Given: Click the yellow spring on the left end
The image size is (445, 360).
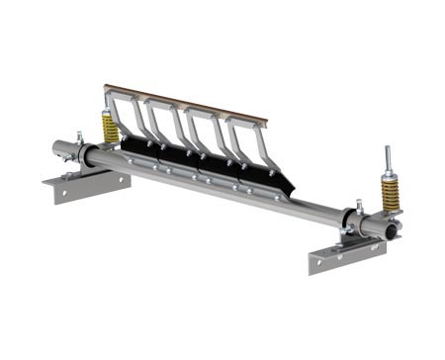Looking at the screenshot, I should (110, 127).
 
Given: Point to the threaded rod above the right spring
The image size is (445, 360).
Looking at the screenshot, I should (388, 160).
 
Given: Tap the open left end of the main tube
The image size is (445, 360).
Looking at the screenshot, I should (58, 153).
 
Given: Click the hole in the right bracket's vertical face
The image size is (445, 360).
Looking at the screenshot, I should (326, 261).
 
